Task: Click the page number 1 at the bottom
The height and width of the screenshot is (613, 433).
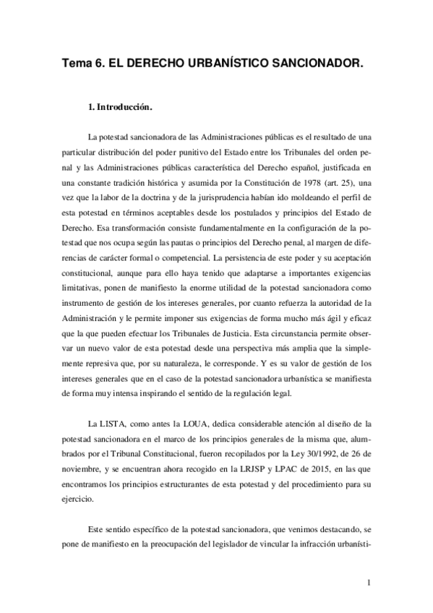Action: coord(369,583)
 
